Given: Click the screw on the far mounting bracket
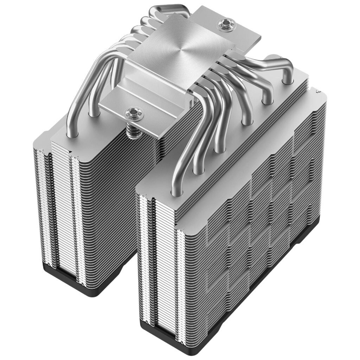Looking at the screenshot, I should click(x=223, y=24).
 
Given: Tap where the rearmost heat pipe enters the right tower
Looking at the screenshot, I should click(x=288, y=81).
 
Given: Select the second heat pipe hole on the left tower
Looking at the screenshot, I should click(x=94, y=114).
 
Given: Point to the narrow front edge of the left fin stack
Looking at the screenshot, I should click(x=60, y=211).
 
